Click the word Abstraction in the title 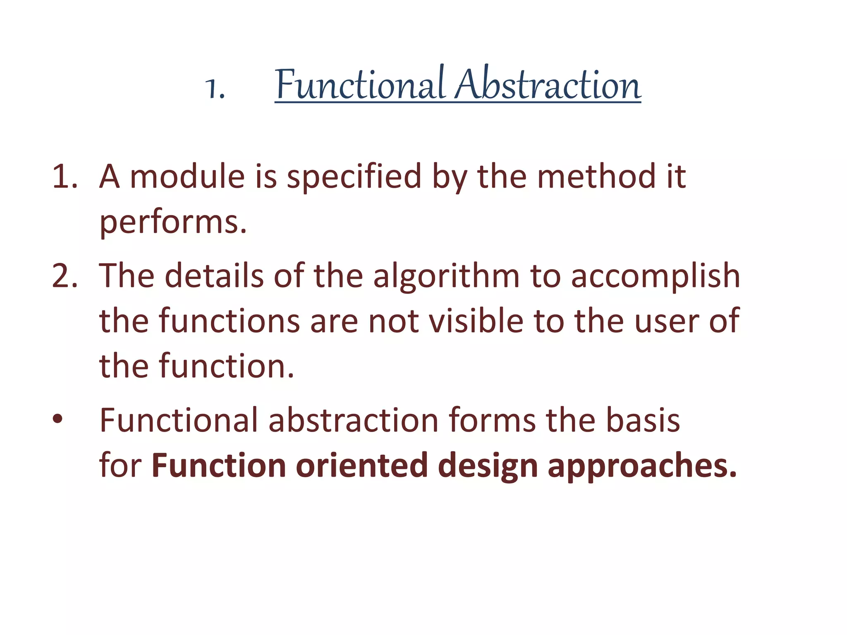point(548,85)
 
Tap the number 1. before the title point(215,88)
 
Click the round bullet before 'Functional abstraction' point(57,419)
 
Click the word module point(187,177)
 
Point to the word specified point(354,177)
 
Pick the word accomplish point(655,276)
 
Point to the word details point(214,276)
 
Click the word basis point(643,421)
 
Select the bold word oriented point(361,466)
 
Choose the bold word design point(488,466)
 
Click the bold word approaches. point(642,466)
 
